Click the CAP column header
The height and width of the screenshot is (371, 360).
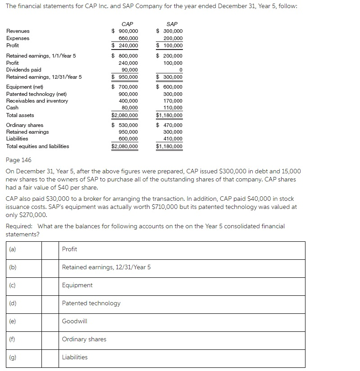(x=127, y=24)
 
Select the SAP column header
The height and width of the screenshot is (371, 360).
(x=172, y=24)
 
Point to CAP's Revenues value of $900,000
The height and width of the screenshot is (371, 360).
(x=125, y=31)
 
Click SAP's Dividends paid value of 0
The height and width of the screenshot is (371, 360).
(x=181, y=70)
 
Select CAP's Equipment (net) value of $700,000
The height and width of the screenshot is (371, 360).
(x=125, y=87)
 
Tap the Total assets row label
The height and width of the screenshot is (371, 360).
(x=20, y=115)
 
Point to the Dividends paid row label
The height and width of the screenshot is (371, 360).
(x=23, y=70)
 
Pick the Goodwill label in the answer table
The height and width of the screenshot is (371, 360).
(x=74, y=321)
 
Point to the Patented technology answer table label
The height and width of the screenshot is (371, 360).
(x=91, y=303)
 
